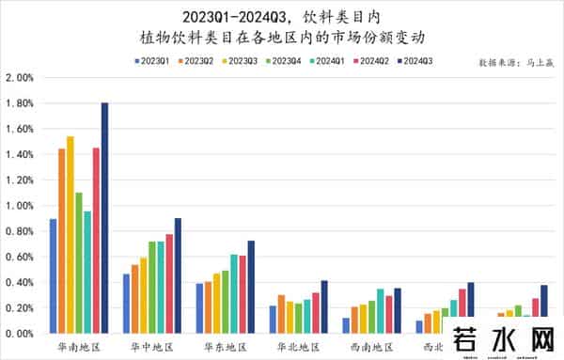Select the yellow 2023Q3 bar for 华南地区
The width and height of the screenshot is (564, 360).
click(x=70, y=235)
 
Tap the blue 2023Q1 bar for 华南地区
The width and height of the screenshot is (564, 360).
click(x=53, y=276)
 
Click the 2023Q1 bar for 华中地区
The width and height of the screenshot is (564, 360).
click(x=127, y=304)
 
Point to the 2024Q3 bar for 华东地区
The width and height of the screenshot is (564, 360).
click(x=251, y=287)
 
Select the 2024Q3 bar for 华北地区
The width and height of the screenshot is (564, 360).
click(x=324, y=306)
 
